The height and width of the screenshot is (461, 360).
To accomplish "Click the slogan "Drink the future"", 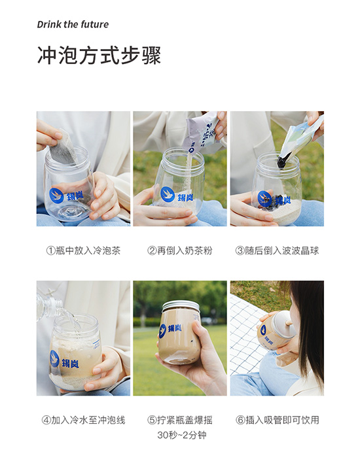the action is pyautogui.click(x=73, y=24).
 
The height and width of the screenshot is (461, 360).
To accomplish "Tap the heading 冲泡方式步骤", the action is pyautogui.click(x=99, y=56).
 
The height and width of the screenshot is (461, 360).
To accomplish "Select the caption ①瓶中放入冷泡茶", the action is pyautogui.click(x=83, y=251).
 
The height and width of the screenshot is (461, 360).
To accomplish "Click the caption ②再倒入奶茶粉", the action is pyautogui.click(x=180, y=251).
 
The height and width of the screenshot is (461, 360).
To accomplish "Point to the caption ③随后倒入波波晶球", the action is pyautogui.click(x=277, y=251).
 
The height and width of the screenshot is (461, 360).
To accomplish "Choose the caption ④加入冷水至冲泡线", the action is pyautogui.click(x=83, y=420).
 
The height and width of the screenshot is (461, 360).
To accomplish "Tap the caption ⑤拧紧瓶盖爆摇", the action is pyautogui.click(x=180, y=420).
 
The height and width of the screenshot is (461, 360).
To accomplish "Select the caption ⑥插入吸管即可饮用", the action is pyautogui.click(x=277, y=420).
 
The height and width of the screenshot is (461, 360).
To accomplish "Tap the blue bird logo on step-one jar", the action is pyautogui.click(x=56, y=196).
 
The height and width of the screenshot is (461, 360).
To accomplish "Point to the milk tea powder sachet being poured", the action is pyautogui.click(x=202, y=130).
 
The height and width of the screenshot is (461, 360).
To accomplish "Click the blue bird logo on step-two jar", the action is pyautogui.click(x=168, y=195).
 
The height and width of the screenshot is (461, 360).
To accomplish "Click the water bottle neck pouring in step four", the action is pyautogui.click(x=56, y=306).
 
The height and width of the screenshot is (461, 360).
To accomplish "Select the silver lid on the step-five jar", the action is pyautogui.click(x=181, y=306).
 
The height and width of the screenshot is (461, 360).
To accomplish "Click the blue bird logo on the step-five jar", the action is pyautogui.click(x=162, y=330).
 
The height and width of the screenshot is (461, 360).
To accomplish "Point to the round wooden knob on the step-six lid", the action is pyautogui.click(x=290, y=324).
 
